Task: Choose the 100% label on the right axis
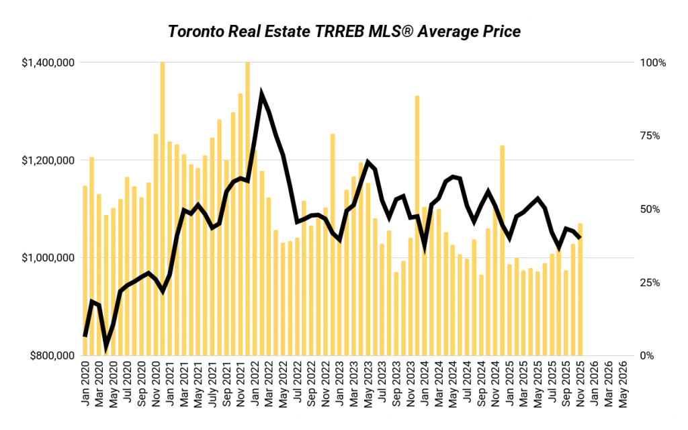tap(653, 62)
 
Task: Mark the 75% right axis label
tap(650, 136)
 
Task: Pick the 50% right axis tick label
tap(650, 209)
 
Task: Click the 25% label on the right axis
tap(650, 282)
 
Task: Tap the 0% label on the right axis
tap(648, 355)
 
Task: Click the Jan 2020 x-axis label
tap(85, 384)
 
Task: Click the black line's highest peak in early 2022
tap(261, 94)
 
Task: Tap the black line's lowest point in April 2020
tap(106, 348)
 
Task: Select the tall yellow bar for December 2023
tap(417, 225)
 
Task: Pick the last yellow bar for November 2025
tap(580, 289)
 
